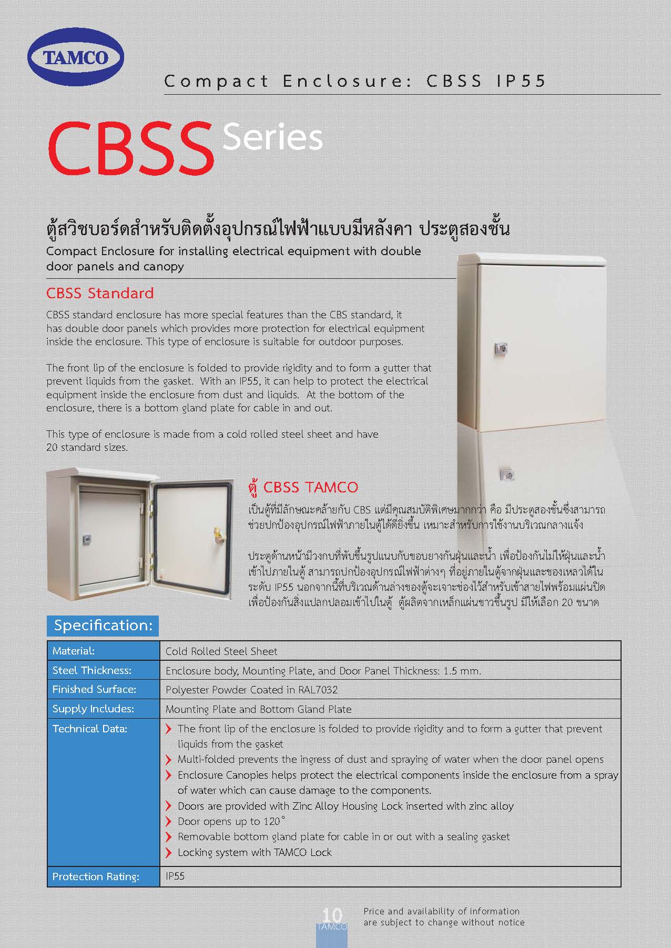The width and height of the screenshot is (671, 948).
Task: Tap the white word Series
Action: tap(272, 138)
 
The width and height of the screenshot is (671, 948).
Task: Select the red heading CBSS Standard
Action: tap(100, 293)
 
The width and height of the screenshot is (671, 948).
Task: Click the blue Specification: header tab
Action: tap(103, 625)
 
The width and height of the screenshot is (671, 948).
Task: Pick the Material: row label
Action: tap(74, 651)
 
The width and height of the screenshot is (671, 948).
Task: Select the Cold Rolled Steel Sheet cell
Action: tap(221, 651)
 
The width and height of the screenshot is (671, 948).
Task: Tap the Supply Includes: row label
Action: tap(93, 709)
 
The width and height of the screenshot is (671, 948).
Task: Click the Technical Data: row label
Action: tap(90, 729)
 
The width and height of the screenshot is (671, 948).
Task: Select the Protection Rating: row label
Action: tap(96, 876)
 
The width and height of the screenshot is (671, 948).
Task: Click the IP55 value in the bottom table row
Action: tap(175, 876)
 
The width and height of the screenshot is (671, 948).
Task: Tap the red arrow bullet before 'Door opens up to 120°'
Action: tap(169, 821)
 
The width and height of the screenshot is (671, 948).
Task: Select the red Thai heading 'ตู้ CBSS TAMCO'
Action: tap(303, 487)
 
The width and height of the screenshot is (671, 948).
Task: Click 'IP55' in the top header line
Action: tap(521, 81)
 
